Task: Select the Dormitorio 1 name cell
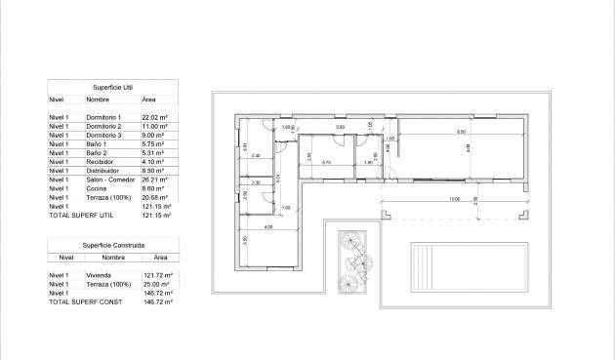[104, 117]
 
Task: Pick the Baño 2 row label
[97, 153]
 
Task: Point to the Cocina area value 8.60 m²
[154, 189]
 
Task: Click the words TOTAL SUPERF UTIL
[79, 216]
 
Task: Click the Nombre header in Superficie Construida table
[113, 259]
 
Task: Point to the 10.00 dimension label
[454, 199]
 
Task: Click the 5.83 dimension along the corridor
[340, 128]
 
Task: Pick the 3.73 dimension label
[327, 162]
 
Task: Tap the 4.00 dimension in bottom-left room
[267, 228]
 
